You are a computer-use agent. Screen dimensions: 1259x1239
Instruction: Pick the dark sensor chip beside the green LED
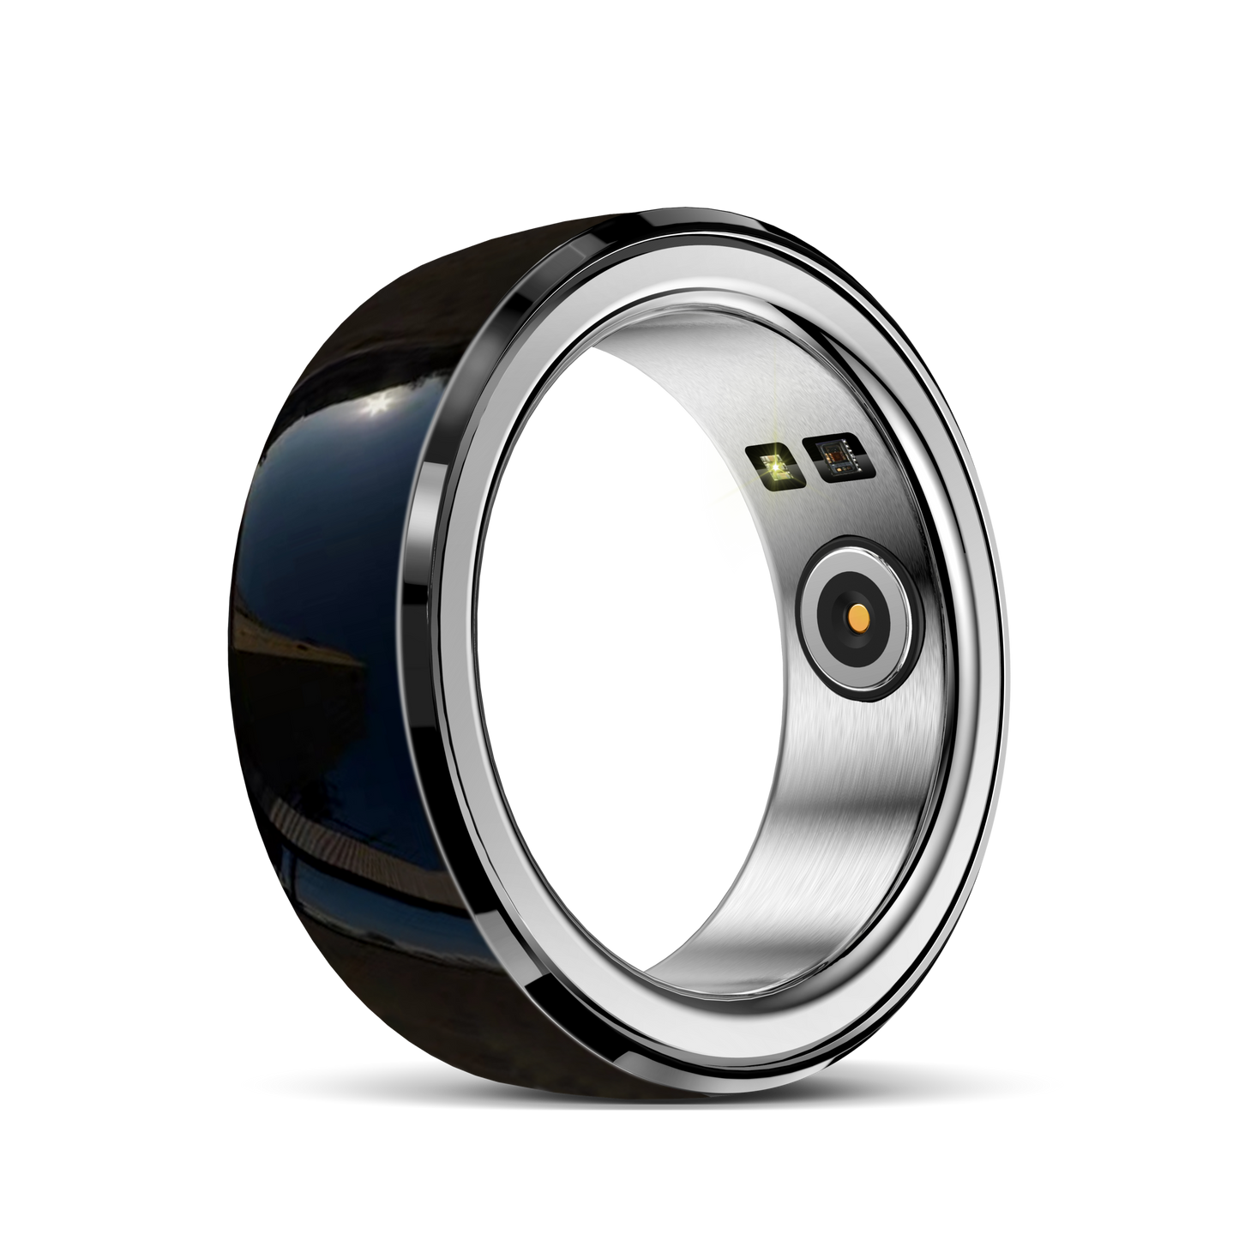point(830,456)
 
